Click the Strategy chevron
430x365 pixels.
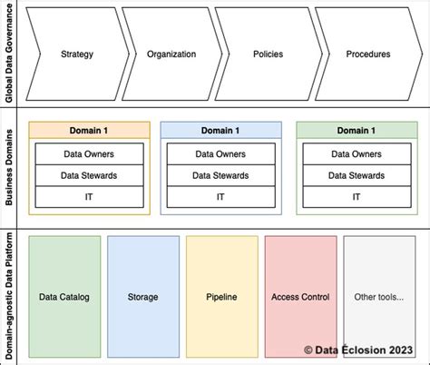76,54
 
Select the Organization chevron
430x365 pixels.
171,54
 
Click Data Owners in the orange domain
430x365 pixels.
89,154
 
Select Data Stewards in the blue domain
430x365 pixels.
221,175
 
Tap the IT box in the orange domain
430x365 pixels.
89,196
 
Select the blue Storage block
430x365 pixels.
142,297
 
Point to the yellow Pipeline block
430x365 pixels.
220,297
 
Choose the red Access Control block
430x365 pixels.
300,297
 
